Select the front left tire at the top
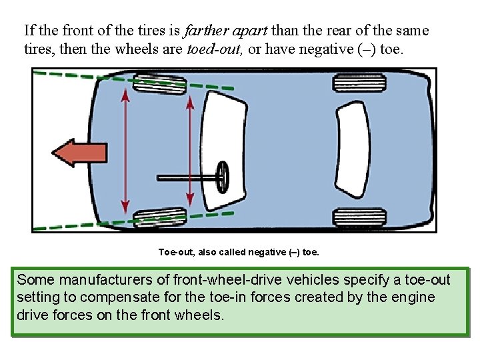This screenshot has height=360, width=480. click(160, 85)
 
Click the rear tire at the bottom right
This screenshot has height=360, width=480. click(349, 217)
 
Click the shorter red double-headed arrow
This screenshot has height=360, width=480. click(190, 151)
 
